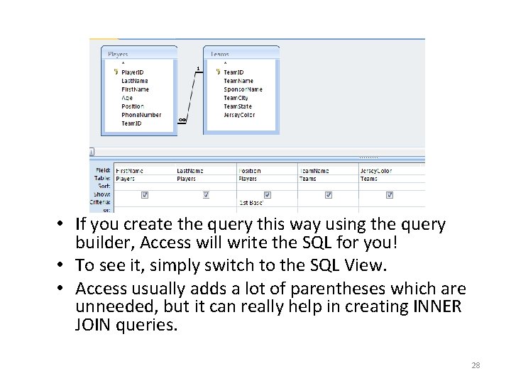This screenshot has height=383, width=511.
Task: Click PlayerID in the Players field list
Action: [133, 72]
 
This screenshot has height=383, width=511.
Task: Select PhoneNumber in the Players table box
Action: [141, 115]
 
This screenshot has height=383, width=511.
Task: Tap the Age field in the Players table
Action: [127, 98]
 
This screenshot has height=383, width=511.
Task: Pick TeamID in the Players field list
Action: [131, 123]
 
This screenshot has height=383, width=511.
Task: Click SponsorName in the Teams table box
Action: [243, 89]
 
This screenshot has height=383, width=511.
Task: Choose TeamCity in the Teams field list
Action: [236, 98]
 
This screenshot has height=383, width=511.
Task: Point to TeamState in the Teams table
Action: [238, 106]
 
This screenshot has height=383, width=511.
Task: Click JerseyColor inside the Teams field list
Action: [239, 115]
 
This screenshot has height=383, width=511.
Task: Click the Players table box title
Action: [118, 54]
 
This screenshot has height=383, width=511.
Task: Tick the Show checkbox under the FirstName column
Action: [145, 194]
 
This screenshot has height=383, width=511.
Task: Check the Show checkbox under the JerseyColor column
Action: [390, 194]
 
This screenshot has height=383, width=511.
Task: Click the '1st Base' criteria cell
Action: [252, 202]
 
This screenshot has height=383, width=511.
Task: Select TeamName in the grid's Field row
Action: [314, 171]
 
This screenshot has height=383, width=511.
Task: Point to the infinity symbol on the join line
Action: [182, 120]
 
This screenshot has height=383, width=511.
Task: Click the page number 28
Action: [476, 365]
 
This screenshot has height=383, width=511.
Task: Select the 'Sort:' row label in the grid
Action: [104, 187]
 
